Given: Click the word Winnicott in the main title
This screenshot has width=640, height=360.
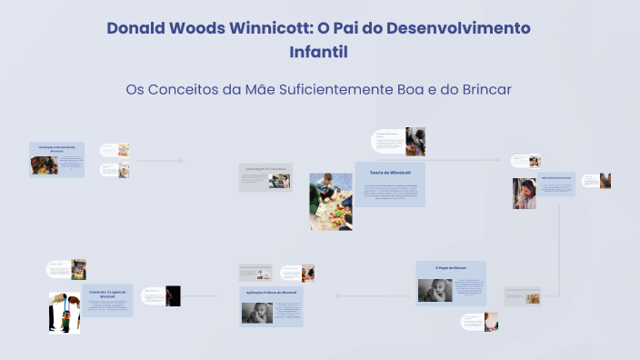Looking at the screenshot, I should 267,27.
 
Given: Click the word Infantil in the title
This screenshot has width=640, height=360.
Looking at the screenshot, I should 318,53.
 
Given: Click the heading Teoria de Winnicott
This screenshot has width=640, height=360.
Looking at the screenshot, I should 390,172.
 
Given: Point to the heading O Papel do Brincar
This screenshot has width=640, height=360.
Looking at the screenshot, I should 450,268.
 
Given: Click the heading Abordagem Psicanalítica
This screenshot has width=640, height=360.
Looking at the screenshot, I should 265,169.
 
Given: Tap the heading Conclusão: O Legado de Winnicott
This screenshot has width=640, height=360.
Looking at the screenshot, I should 111,291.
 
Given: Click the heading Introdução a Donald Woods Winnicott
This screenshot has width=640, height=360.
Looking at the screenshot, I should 56,146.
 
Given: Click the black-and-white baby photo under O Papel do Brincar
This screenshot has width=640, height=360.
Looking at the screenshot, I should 435,290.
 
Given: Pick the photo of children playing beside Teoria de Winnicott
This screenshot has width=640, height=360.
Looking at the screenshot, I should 330,201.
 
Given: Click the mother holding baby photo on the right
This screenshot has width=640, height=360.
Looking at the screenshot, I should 525,193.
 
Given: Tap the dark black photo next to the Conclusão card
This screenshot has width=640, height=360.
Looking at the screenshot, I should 173,295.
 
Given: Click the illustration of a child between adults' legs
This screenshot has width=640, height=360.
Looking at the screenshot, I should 65,312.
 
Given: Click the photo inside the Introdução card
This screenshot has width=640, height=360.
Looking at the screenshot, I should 44,165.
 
